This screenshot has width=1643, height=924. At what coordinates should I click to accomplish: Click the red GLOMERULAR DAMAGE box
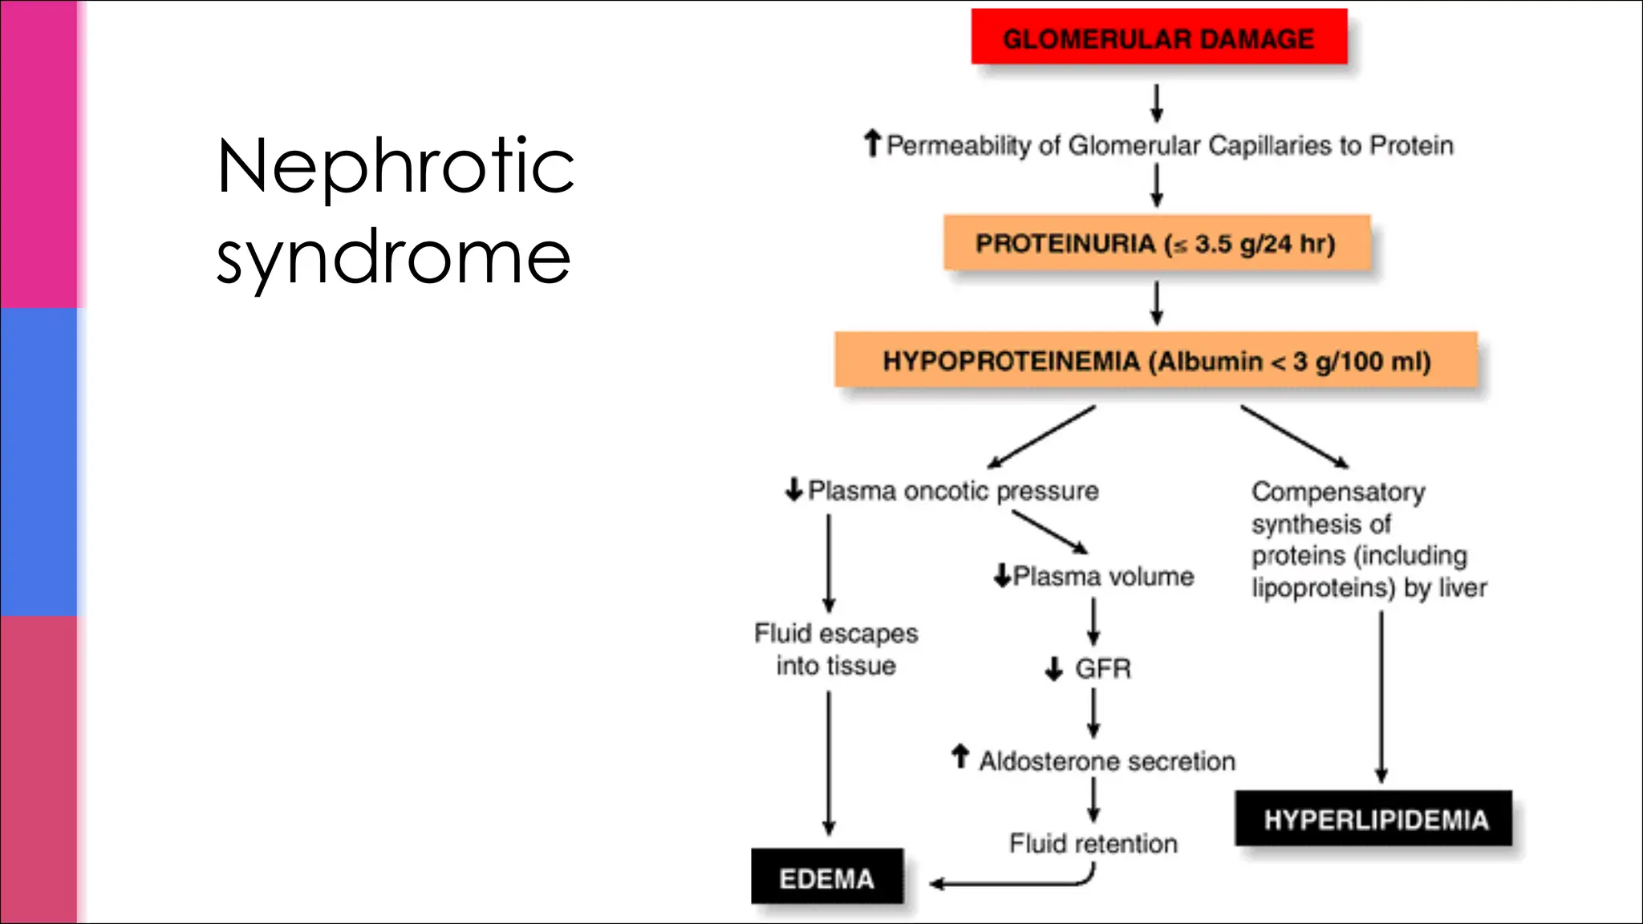[x=1158, y=38]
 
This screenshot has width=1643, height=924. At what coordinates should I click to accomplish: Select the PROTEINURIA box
[x=1156, y=243]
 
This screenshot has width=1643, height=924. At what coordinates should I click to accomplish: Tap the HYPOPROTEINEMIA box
[x=1156, y=361]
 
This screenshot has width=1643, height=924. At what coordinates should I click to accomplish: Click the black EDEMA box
[x=827, y=877]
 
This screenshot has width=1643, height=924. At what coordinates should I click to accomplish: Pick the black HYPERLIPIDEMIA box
[x=1374, y=819]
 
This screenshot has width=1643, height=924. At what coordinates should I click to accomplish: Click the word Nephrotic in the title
[x=396, y=166]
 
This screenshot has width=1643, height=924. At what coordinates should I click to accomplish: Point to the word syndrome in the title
[x=393, y=257]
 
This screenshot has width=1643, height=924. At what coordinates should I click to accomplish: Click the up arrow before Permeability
[x=872, y=144]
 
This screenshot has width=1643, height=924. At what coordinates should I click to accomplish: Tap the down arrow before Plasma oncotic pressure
[x=793, y=489]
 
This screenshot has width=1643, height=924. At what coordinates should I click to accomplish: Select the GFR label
[x=1103, y=668]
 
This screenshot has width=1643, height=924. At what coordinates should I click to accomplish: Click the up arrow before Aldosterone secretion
[x=959, y=756]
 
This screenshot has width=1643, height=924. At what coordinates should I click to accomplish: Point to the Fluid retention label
[x=1093, y=843]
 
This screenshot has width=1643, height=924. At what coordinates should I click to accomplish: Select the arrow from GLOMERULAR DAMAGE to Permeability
[x=1157, y=103]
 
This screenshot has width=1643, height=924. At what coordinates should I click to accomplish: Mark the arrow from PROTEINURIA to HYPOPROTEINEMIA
[x=1157, y=302]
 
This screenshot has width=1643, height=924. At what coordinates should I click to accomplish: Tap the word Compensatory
[x=1338, y=491]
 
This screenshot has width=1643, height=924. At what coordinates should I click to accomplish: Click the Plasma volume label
[x=1103, y=576]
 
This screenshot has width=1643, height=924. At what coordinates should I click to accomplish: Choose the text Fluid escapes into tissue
[x=835, y=649]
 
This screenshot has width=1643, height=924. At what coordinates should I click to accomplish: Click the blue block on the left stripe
[x=39, y=462]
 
